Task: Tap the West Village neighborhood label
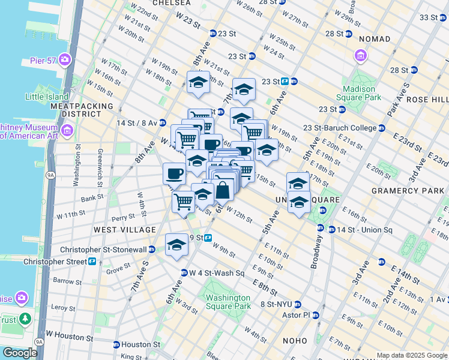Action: pyautogui.click(x=124, y=230)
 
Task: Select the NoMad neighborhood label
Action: pyautogui.click(x=375, y=39)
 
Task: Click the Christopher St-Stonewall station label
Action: pyautogui.click(x=106, y=250)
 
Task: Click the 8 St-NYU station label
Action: pyautogui.click(x=280, y=304)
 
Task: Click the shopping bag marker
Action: pyautogui.click(x=222, y=190)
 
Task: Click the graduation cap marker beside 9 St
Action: pyautogui.click(x=176, y=245)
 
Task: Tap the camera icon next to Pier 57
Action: pyautogui.click(x=64, y=61)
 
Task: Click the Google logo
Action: pyautogui.click(x=19, y=352)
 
